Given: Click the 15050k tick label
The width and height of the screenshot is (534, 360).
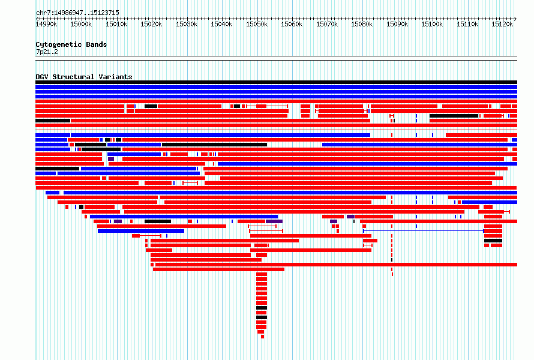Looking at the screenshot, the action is click(256, 24).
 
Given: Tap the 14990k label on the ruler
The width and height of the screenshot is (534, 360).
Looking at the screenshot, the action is click(46, 24).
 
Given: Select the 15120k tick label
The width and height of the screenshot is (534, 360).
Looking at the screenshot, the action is click(502, 24).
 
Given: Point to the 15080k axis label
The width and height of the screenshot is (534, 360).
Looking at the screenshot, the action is click(362, 24).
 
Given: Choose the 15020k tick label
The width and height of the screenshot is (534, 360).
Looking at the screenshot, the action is click(151, 24).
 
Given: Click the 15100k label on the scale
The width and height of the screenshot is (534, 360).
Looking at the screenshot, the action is click(432, 24).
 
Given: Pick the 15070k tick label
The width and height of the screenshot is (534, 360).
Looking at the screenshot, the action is click(327, 24).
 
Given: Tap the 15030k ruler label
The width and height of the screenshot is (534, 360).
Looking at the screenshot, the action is click(187, 24).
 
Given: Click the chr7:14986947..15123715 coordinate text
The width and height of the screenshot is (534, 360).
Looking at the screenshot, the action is click(77, 13).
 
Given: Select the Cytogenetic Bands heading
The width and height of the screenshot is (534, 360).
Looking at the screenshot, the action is click(71, 44).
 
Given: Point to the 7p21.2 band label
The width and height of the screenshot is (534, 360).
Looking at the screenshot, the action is click(47, 52).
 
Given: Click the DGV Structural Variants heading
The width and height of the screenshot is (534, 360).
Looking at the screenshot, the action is click(84, 77).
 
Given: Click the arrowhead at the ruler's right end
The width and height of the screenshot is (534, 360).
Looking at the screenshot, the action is click(516, 19).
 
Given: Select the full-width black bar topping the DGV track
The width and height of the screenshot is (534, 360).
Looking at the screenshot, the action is click(276, 82).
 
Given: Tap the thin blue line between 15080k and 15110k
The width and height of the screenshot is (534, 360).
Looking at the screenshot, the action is click(424, 231).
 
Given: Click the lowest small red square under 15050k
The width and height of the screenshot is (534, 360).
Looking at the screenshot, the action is click(263, 337).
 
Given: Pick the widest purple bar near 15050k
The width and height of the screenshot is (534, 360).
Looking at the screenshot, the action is click(274, 221).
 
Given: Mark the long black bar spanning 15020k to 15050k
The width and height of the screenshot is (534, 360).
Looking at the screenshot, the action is click(215, 145).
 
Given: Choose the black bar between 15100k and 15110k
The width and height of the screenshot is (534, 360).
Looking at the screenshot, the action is click(454, 116).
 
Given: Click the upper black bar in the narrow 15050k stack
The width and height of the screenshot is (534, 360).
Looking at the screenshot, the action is click(262, 308).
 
